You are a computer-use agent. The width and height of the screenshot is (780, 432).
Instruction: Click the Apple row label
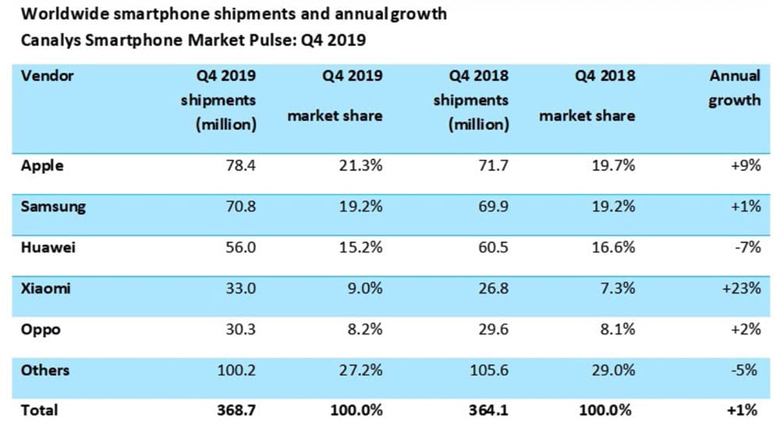tap(42, 166)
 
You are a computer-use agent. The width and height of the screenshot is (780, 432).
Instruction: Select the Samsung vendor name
tap(53, 207)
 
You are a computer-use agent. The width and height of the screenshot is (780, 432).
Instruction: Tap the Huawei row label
tap(48, 247)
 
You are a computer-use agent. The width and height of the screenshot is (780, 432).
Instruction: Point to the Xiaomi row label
tap(46, 288)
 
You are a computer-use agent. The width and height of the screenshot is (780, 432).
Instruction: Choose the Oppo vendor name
tap(41, 329)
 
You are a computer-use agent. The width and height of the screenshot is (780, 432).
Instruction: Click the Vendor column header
tap(47, 76)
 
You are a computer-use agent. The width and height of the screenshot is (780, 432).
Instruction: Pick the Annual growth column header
tap(734, 88)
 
